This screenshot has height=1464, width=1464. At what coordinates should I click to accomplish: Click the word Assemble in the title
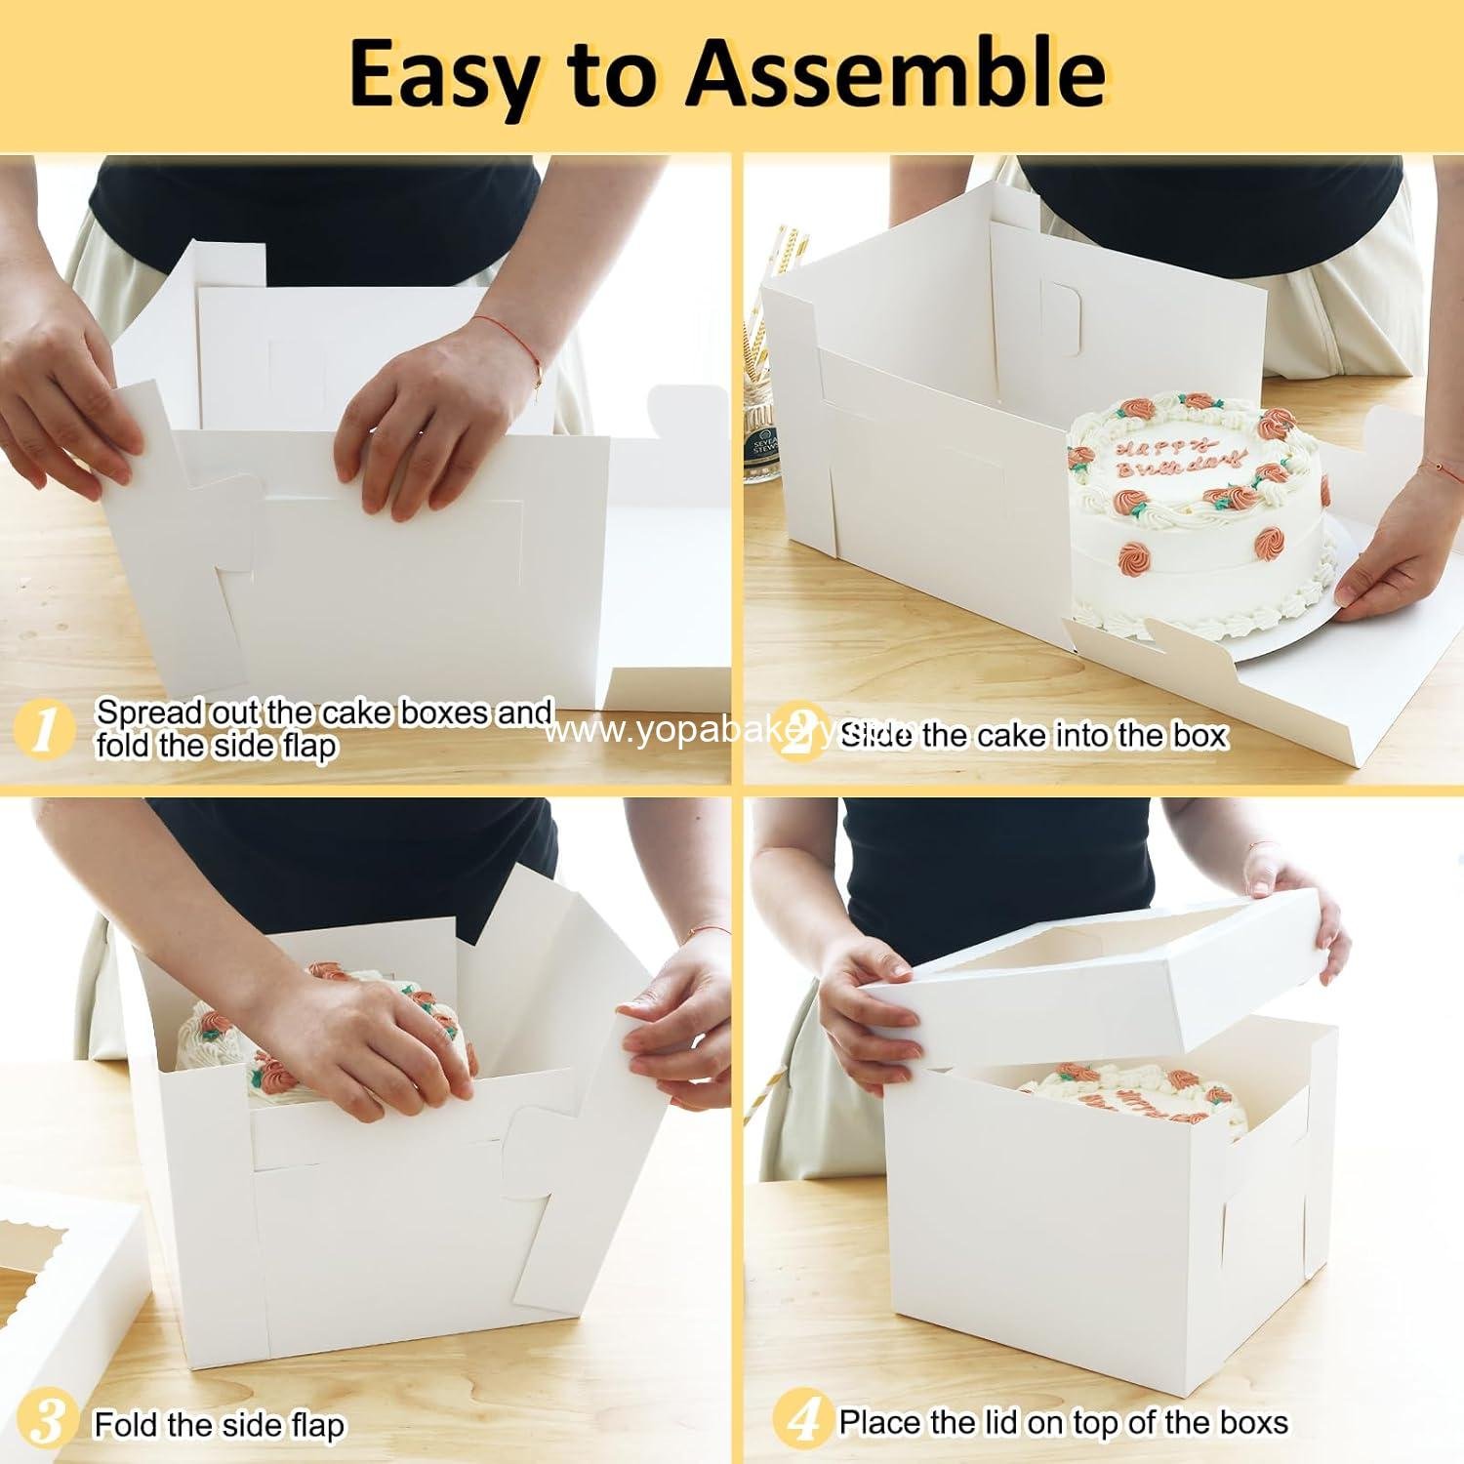pyautogui.click(x=896, y=74)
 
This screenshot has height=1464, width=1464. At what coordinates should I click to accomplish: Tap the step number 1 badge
pyautogui.click(x=43, y=730)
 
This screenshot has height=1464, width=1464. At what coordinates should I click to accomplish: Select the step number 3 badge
pyautogui.click(x=43, y=1423)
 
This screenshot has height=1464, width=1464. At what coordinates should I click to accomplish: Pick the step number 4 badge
pyautogui.click(x=802, y=1421)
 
